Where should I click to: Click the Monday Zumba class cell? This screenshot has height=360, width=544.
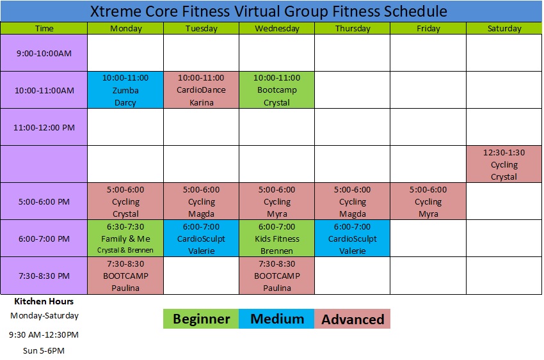pyautogui.click(x=125, y=90)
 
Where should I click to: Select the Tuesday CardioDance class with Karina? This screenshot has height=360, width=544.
pyautogui.click(x=201, y=90)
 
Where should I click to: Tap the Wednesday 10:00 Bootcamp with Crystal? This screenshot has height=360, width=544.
pyautogui.click(x=277, y=90)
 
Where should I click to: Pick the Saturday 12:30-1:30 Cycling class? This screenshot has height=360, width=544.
pyautogui.click(x=504, y=164)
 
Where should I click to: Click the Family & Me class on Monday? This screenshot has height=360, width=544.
pyautogui.click(x=125, y=239)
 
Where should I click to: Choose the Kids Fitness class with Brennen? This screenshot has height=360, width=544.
pyautogui.click(x=277, y=239)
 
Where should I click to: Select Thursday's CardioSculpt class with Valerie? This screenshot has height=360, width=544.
pyautogui.click(x=353, y=239)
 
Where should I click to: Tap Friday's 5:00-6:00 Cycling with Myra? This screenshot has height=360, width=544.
pyautogui.click(x=428, y=201)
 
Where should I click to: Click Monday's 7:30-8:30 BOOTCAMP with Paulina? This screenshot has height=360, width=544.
pyautogui.click(x=125, y=276)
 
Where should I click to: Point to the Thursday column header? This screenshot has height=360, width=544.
pyautogui.click(x=353, y=28)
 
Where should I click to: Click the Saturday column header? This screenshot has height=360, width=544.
pyautogui.click(x=504, y=28)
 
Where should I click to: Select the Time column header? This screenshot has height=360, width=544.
pyautogui.click(x=44, y=28)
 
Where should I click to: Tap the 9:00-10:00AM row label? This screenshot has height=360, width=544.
pyautogui.click(x=44, y=53)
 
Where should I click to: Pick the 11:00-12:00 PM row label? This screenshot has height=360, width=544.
pyautogui.click(x=44, y=127)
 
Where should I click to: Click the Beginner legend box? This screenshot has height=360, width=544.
pyautogui.click(x=201, y=319)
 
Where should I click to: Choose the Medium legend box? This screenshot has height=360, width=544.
pyautogui.click(x=277, y=319)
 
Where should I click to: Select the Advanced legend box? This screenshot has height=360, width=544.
pyautogui.click(x=353, y=319)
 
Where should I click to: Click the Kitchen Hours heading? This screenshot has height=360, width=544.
pyautogui.click(x=44, y=301)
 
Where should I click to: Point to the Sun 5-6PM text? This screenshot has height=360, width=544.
pyautogui.click(x=44, y=350)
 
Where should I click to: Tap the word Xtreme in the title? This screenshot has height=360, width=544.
pyautogui.click(x=116, y=12)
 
